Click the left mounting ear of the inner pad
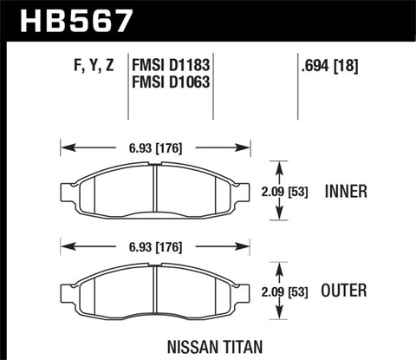click(68, 192)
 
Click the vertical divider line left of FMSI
click(128, 87)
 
